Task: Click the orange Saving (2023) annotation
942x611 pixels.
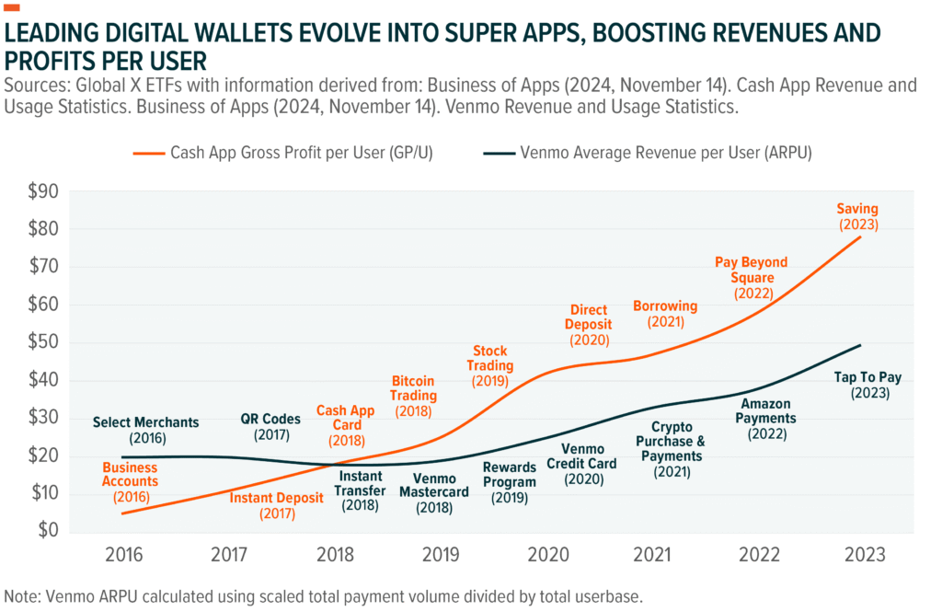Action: tap(857, 216)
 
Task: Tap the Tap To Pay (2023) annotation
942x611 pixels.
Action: tap(861, 385)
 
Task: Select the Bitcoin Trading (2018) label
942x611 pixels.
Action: tap(414, 396)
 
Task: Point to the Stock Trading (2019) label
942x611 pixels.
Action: tap(492, 365)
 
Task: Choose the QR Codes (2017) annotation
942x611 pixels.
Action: tap(270, 425)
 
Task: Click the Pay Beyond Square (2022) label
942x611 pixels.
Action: tap(752, 278)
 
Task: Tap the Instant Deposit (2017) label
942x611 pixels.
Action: tap(277, 505)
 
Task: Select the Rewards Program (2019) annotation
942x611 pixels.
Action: tap(509, 482)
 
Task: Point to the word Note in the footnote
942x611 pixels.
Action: tap(22, 595)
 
